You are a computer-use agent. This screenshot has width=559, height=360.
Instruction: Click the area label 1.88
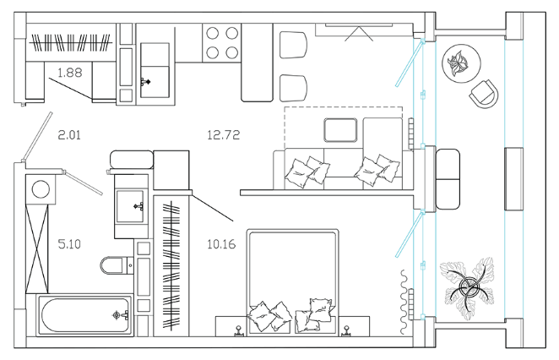tap(70, 73)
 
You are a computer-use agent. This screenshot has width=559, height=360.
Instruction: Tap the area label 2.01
tap(69, 135)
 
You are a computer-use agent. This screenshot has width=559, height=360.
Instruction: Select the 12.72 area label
tap(224, 135)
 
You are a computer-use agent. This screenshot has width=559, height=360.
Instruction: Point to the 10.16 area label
tap(221, 244)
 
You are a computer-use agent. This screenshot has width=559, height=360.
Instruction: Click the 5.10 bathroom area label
tap(69, 244)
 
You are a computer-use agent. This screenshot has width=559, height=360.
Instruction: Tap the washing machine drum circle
tap(41, 189)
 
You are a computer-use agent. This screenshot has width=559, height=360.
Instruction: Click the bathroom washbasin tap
tap(138, 206)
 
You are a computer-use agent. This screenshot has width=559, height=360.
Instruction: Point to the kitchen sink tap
tap(145, 82)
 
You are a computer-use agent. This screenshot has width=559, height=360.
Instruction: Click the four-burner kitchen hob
tap(222, 43)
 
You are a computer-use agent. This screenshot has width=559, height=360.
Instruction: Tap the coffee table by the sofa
tap(340, 130)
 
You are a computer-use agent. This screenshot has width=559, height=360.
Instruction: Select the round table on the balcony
tap(462, 64)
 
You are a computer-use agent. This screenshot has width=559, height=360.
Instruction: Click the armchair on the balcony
tap(484, 94)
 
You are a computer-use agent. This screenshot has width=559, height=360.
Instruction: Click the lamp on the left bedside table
tap(238, 331)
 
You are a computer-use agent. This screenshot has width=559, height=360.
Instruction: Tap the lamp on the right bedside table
tap(346, 331)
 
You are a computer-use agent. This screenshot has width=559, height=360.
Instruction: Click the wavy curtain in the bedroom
tap(404, 303)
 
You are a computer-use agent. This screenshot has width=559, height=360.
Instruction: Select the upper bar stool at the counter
tap(293, 45)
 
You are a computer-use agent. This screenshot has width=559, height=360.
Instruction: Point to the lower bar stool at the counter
tap(293, 88)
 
